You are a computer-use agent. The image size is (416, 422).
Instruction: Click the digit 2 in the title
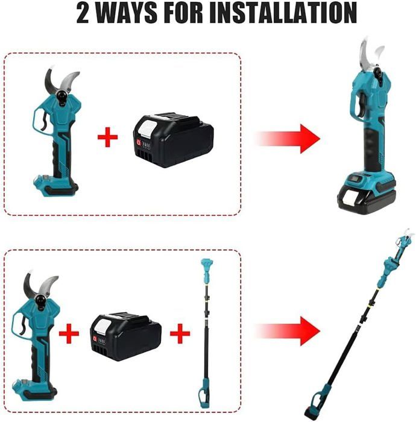[x=83, y=13]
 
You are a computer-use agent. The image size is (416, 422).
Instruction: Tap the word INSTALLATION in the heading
[x=283, y=13]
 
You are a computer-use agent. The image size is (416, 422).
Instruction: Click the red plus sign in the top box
[x=108, y=137]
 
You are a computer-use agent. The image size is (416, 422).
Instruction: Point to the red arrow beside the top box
[x=288, y=139]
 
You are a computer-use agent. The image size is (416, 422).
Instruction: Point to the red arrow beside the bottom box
[x=288, y=331]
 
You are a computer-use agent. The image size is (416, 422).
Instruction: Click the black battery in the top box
[x=173, y=139]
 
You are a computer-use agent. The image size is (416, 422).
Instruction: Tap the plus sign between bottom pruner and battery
[x=69, y=334]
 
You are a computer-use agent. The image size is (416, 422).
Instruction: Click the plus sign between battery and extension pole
[x=180, y=334]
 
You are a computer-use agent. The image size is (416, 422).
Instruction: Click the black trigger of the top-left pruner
[x=45, y=122]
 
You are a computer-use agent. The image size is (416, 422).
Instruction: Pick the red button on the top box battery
[x=139, y=142]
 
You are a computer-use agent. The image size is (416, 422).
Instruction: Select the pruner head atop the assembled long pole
[x=403, y=242]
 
